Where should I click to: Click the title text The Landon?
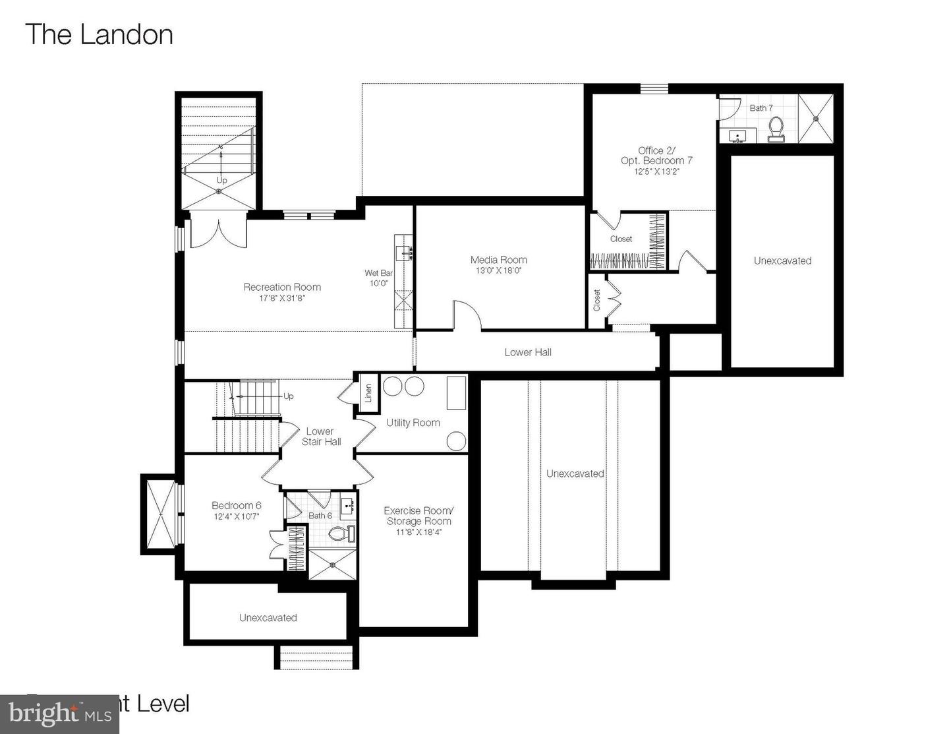coord(99,35)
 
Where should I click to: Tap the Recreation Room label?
coord(282,287)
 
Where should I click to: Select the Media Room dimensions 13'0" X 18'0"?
coord(499,270)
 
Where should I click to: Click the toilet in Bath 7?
coord(776,129)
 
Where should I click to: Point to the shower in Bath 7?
coord(816,119)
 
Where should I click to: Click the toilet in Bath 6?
coord(341,533)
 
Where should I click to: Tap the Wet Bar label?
coord(378,273)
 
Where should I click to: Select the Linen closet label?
coord(368,393)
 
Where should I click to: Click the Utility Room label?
coord(413,423)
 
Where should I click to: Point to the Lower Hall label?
coord(528,352)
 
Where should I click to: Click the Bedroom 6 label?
coord(237,505)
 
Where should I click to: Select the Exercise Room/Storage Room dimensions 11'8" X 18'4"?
coord(418,532)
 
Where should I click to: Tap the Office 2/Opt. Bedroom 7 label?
coord(656,156)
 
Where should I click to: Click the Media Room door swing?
coord(466,315)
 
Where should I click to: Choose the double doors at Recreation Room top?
coord(218,233)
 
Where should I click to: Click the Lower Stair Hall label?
coord(321,437)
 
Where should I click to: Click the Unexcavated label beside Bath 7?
coord(782,260)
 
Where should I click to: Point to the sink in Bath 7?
coord(737,137)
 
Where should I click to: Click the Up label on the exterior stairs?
coord(222,180)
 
